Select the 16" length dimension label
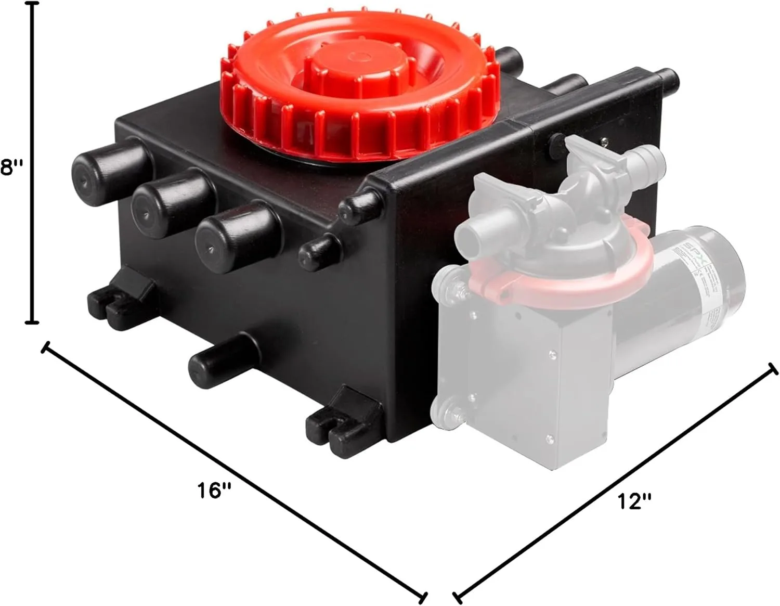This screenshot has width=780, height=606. [214, 489]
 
